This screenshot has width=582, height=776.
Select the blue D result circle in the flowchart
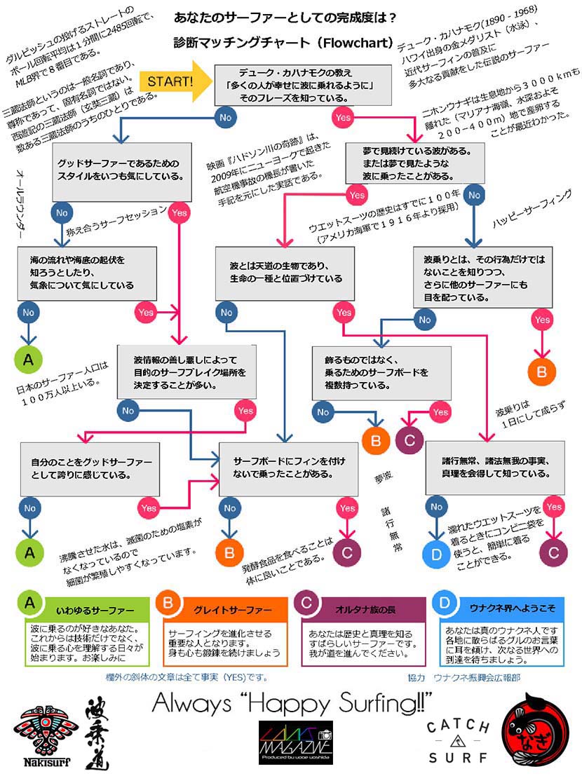[x=436, y=554]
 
